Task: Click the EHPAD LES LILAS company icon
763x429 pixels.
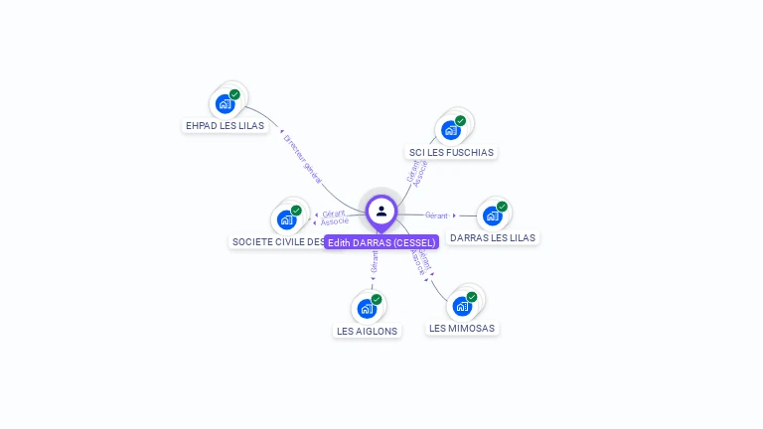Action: click(x=227, y=102)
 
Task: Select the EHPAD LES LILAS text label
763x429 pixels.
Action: click(x=225, y=126)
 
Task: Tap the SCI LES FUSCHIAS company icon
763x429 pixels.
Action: click(x=452, y=129)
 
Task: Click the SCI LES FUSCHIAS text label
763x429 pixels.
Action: click(x=451, y=153)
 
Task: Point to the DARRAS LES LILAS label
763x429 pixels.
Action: click(x=493, y=238)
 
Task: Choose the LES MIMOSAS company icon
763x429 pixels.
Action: click(x=463, y=305)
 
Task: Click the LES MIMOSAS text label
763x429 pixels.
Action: click(x=462, y=329)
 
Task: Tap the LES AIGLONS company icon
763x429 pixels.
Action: click(x=368, y=308)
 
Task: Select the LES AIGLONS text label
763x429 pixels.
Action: click(x=368, y=332)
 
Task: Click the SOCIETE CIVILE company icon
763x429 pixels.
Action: click(x=288, y=218)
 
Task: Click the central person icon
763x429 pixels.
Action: click(x=381, y=211)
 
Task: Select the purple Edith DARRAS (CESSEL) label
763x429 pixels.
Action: click(x=381, y=242)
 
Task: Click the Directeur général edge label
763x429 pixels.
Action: click(x=302, y=159)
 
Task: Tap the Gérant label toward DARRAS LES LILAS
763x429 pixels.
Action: click(x=436, y=215)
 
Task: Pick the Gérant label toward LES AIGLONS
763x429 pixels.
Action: click(x=375, y=262)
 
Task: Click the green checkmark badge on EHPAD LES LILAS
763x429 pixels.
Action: click(x=234, y=94)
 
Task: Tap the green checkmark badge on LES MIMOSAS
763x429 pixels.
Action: click(x=472, y=297)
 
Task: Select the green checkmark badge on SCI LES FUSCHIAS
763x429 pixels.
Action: click(x=460, y=121)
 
